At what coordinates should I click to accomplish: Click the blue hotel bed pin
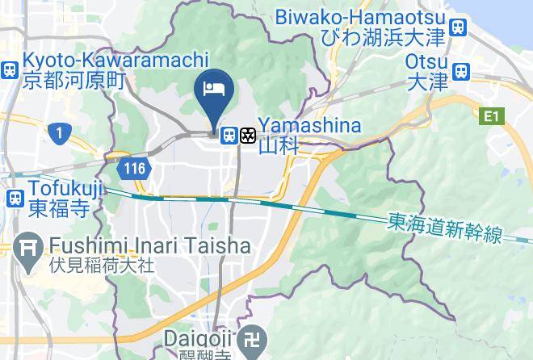(x=215, y=90)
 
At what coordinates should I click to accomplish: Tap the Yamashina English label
(x=310, y=125)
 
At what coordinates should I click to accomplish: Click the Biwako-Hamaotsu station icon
(x=459, y=27)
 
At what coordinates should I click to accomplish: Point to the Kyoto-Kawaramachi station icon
(x=10, y=69)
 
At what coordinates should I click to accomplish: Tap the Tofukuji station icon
(x=14, y=199)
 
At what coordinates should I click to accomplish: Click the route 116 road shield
(x=134, y=169)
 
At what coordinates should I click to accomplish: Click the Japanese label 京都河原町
(x=76, y=80)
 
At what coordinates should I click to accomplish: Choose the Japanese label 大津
(x=422, y=81)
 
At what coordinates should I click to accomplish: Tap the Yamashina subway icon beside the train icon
(x=247, y=135)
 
